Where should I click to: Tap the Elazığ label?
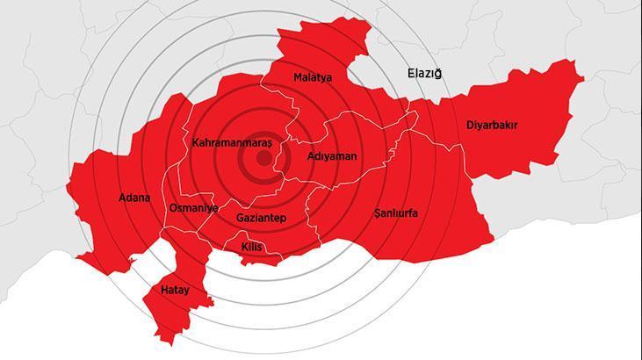(423, 73)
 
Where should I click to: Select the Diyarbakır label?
(492, 126)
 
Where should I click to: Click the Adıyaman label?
(332, 155)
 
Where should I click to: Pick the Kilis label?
(251, 248)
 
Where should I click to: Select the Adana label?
(134, 198)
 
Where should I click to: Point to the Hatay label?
(175, 289)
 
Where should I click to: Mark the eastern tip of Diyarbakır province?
(582, 79)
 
